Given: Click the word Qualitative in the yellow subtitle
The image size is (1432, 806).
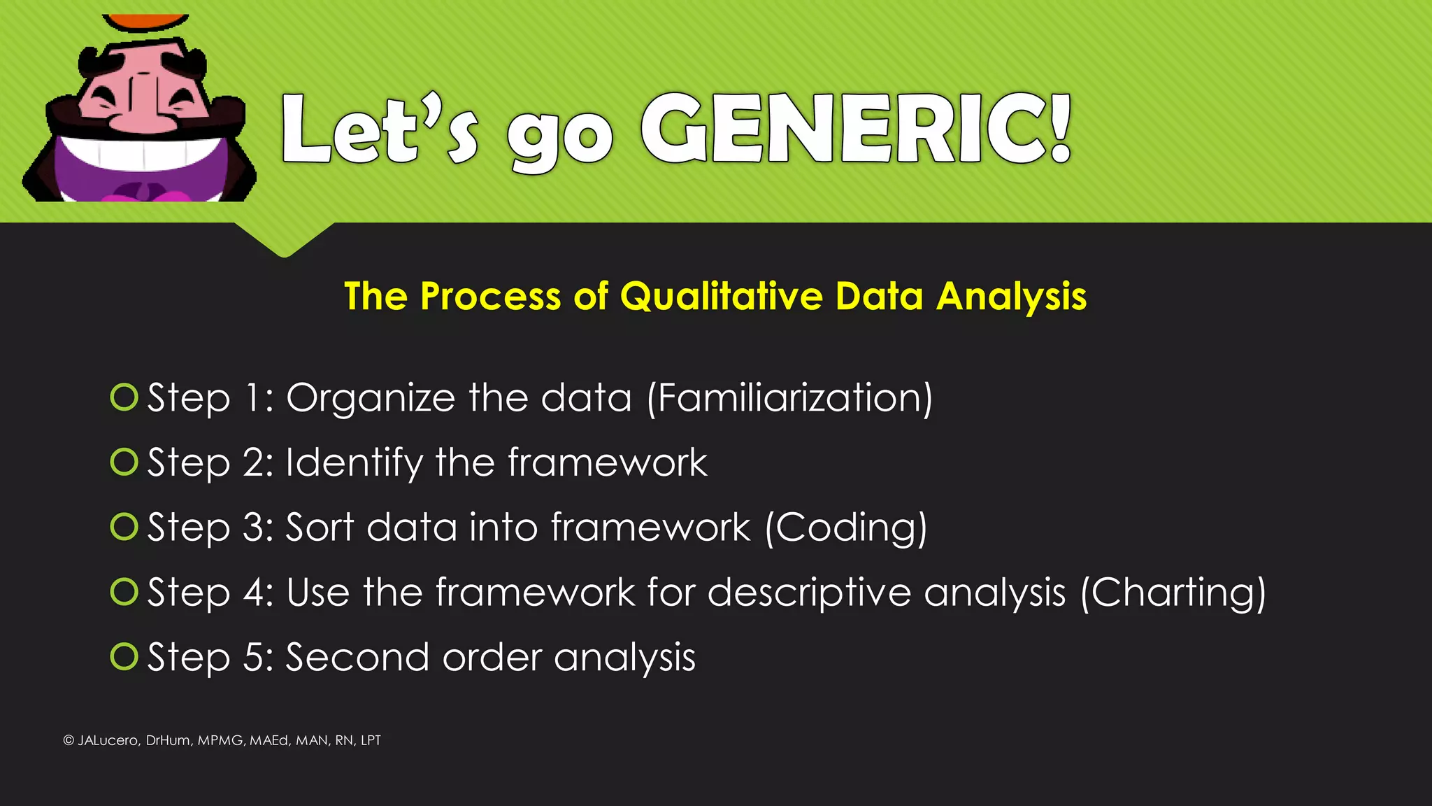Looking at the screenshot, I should click(721, 296).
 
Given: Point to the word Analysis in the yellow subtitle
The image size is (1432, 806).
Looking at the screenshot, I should click(1011, 297).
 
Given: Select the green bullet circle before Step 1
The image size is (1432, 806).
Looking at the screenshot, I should click(124, 397).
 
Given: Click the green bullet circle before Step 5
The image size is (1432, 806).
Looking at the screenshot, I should click(124, 656).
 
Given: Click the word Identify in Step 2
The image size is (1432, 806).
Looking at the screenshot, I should click(355, 463).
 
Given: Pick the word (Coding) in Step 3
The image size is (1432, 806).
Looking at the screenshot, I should click(846, 528).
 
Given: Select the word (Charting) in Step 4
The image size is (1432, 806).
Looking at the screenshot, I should click(1173, 593).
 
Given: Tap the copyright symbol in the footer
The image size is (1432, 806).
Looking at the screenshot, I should click(69, 740).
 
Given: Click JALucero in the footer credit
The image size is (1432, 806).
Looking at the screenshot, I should click(107, 740).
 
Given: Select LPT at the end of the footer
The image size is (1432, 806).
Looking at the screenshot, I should click(371, 740).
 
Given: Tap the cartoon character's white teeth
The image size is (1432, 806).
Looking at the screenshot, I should click(143, 152).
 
